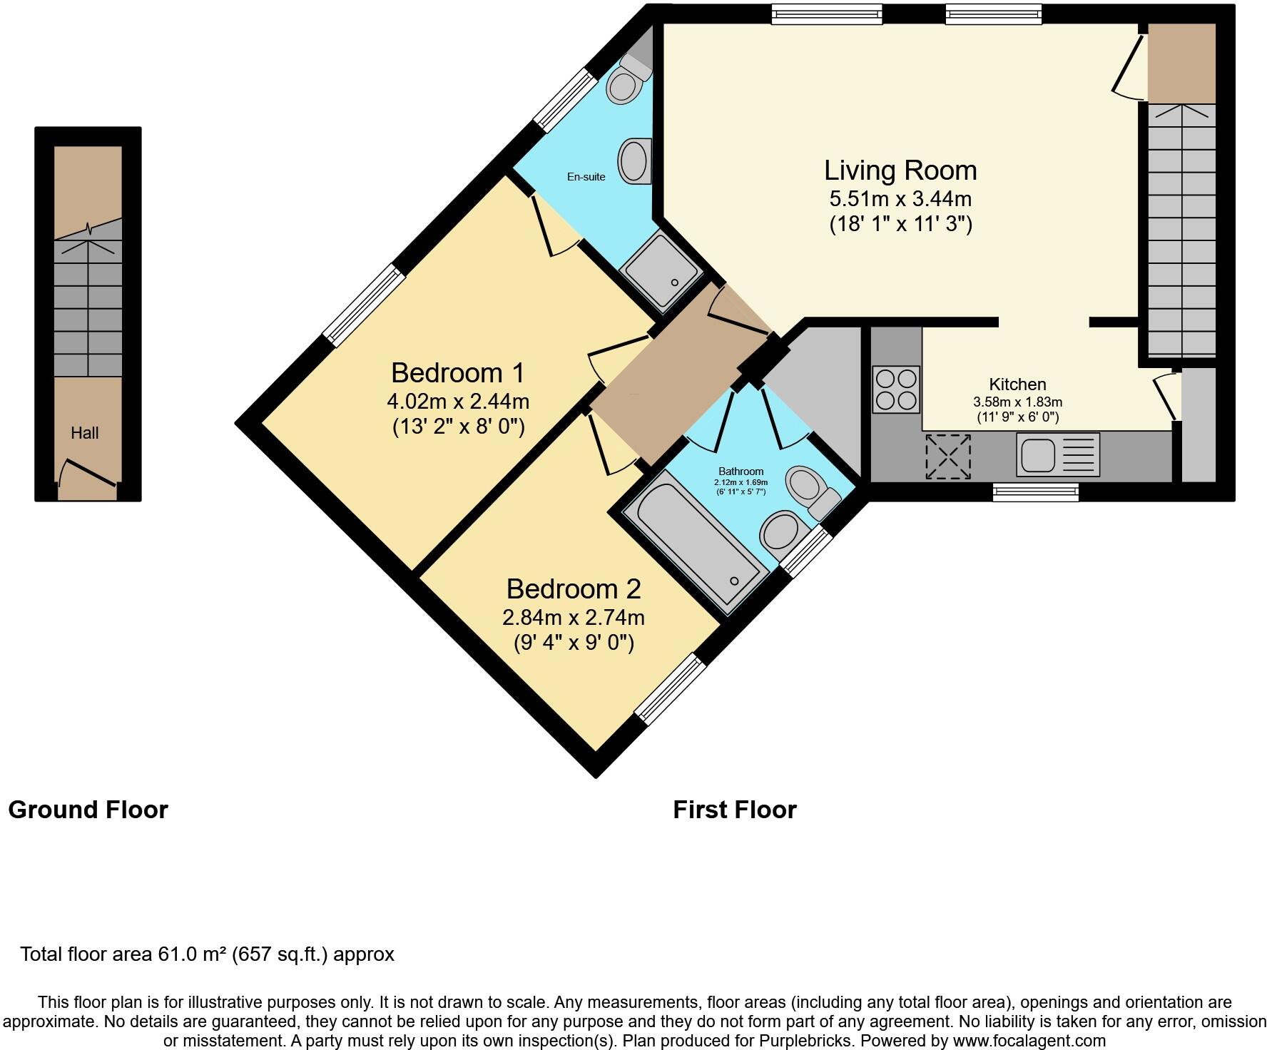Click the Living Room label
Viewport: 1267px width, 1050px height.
900,170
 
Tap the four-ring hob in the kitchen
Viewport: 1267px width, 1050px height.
896,389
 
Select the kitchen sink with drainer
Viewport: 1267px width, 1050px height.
1057,455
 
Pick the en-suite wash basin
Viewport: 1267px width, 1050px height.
633,161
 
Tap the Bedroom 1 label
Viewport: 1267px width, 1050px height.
457,373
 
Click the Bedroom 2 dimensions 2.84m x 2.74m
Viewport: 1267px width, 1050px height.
574,616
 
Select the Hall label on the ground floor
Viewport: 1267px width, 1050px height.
84,433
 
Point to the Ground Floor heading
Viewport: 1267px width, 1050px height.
88,810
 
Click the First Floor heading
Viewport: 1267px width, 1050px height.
734,810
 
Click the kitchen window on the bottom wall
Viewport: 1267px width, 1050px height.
1035,492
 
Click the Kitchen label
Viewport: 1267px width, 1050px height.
1017,384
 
